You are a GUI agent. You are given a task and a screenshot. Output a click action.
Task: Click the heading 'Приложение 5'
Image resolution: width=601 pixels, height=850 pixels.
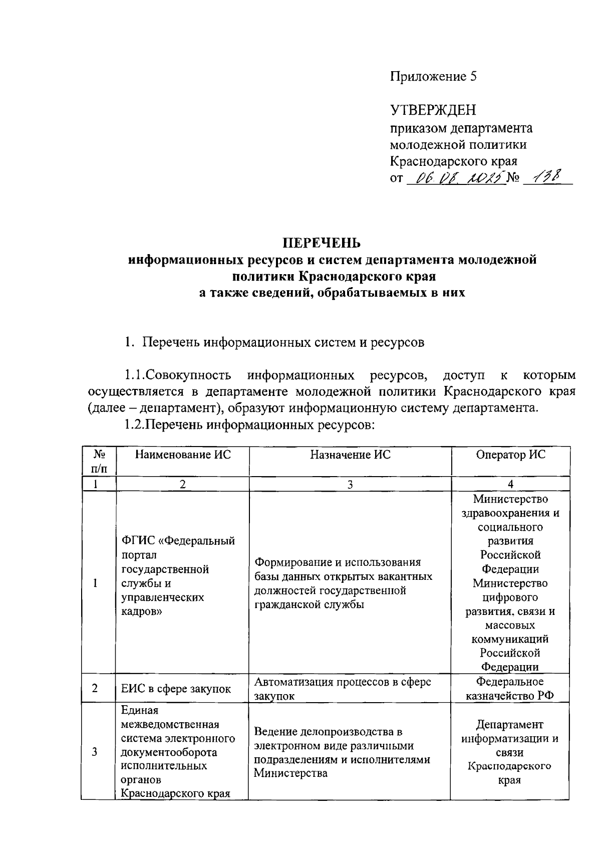pos(434,77)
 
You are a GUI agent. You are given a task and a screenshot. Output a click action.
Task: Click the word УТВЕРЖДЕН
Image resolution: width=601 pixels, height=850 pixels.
pos(433,110)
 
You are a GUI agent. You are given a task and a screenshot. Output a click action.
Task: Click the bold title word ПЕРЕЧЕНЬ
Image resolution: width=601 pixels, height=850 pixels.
pos(322,243)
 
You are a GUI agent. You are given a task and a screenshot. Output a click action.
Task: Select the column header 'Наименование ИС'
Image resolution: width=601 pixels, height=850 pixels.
pos(183,455)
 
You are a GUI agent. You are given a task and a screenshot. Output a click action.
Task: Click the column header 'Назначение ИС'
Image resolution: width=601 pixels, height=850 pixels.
pos(350,455)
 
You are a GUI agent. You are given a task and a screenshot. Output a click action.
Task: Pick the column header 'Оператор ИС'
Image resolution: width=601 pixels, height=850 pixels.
pos(510,455)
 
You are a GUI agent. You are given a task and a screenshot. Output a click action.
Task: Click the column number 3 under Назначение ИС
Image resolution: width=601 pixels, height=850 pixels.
pos(350,484)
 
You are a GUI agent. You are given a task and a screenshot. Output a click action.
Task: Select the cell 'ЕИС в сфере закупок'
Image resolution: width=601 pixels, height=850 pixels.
pos(176,689)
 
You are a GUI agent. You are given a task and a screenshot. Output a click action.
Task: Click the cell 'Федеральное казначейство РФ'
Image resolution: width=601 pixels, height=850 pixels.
pos(510,689)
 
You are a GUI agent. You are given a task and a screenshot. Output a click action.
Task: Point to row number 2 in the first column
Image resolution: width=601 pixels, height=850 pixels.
pos(95,688)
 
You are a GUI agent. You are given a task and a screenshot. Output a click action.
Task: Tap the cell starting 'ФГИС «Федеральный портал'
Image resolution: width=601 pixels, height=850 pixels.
pos(178,576)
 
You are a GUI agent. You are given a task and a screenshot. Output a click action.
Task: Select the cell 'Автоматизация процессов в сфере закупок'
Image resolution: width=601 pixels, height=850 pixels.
pos(343,689)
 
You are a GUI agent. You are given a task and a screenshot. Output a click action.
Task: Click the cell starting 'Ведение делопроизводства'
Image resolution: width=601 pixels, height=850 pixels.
pos(342,752)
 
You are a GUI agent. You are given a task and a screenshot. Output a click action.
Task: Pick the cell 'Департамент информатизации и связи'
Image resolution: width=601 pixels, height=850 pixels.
pos(510,752)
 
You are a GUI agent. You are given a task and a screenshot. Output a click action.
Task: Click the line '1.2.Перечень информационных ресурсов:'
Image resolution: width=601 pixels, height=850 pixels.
pos(249,426)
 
